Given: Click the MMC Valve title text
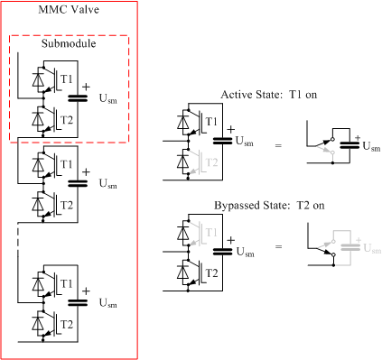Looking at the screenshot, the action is tap(69, 9).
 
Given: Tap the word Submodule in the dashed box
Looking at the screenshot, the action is tap(69, 43).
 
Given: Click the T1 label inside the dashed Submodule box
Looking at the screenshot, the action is tap(67, 79).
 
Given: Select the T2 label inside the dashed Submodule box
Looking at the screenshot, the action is tap(67, 120).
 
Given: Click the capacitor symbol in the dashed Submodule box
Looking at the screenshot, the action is tap(78, 98).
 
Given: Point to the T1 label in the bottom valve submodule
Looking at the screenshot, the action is tap(67, 283).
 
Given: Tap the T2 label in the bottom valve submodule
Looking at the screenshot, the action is tap(67, 325).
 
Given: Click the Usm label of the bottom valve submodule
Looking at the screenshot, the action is tap(108, 303).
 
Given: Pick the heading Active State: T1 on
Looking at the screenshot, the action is tap(269, 95).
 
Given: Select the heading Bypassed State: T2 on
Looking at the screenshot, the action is tap(269, 206).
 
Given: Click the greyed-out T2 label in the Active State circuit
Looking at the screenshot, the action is tap(211, 162).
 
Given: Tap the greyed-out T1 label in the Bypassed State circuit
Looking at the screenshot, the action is tap(211, 232).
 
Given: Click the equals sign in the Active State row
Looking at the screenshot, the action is tap(278, 146).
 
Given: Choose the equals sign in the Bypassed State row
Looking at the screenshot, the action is tap(279, 247).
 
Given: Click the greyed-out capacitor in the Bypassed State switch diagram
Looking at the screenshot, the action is tap(350, 247).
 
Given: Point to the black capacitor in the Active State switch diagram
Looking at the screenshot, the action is tap(349, 145).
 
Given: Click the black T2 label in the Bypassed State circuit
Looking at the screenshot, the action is tap(211, 273).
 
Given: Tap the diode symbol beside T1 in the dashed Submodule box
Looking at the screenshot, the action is tap(38, 79).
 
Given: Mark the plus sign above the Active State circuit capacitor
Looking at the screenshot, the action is tap(231, 130).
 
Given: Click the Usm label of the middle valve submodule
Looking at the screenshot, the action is tap(108, 183).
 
